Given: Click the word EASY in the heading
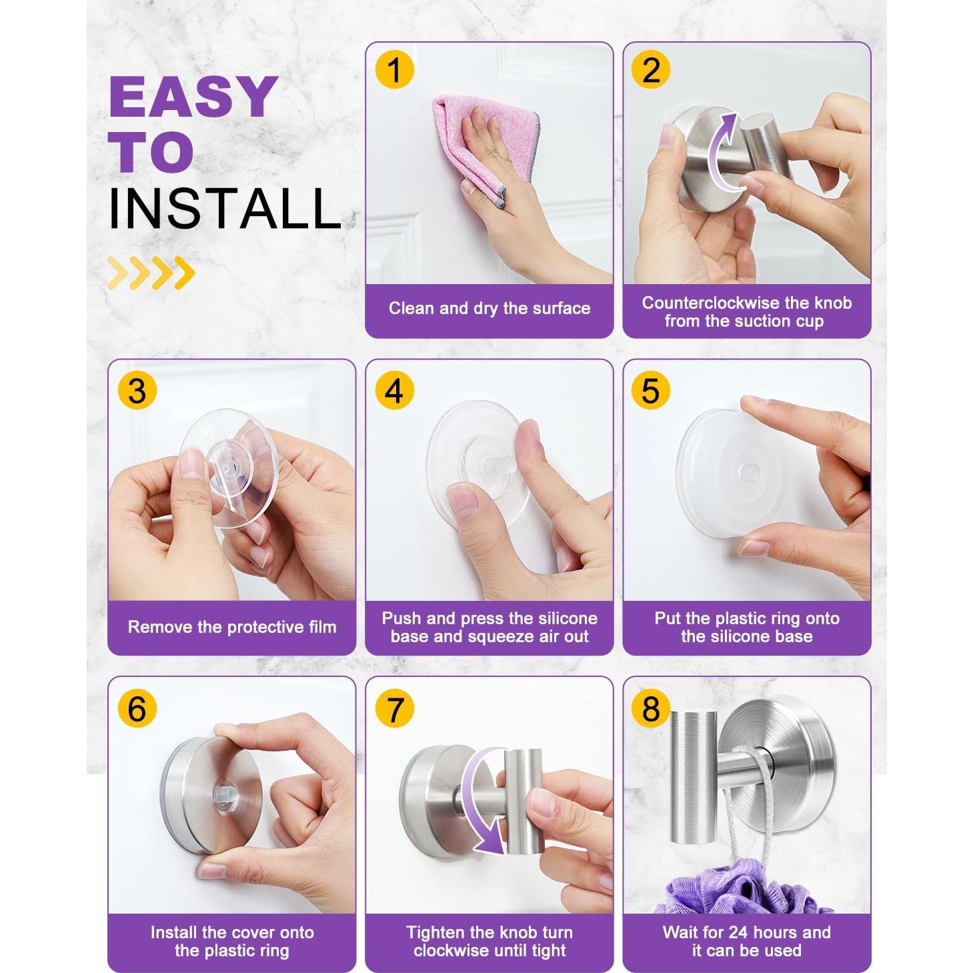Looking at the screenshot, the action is (193, 97).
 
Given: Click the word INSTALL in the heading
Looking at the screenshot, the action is (225, 209).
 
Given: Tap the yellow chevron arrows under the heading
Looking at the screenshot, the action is (151, 273).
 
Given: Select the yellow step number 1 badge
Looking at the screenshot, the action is (395, 69).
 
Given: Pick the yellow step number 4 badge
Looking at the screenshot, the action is (395, 391).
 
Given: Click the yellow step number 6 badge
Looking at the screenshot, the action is (137, 708).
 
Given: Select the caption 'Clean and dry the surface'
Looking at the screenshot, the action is (490, 308).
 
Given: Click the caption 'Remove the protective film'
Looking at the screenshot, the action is (232, 627).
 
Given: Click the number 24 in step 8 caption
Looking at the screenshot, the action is (746, 932).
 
